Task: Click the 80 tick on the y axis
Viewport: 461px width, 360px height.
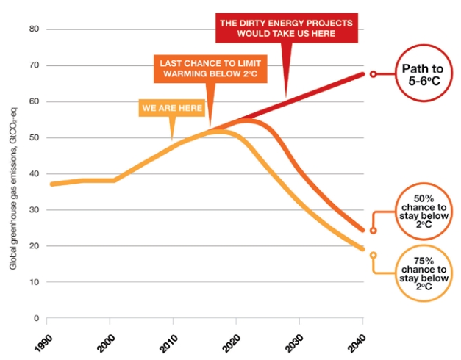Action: tap(33, 29)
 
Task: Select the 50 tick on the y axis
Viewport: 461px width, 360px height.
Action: tap(33, 137)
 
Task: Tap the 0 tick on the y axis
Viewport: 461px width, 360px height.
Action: tap(35, 318)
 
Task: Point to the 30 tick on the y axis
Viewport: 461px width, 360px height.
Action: tap(33, 209)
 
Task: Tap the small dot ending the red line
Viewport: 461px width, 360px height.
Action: tap(373, 74)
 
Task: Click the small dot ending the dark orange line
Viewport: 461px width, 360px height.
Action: tap(373, 230)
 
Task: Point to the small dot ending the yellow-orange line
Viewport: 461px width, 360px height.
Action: tap(373, 256)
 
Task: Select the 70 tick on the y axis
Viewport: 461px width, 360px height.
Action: tap(33, 65)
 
